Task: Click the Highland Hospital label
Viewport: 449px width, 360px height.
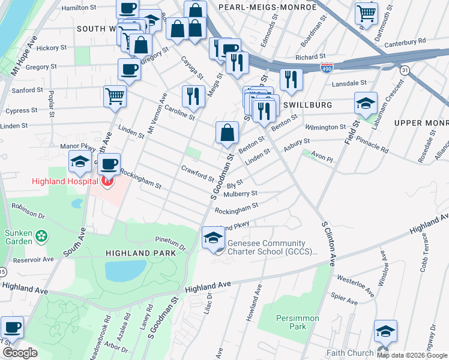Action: click(x=66, y=181)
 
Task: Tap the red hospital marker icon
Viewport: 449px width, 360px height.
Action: click(x=108, y=181)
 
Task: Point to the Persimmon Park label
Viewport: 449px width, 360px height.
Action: click(x=297, y=322)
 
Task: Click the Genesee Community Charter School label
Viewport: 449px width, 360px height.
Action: click(x=271, y=247)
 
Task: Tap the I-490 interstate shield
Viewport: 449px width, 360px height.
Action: click(x=327, y=68)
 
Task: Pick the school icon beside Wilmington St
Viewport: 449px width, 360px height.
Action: click(x=366, y=103)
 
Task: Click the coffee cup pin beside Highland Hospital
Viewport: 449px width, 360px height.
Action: click(x=109, y=164)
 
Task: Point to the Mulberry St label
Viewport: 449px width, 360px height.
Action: click(x=240, y=194)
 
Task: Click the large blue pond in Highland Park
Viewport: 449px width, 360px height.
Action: click(x=125, y=271)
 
